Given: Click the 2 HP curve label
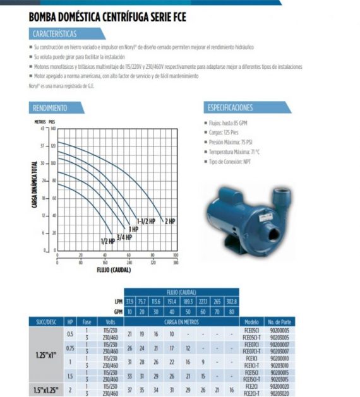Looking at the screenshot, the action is click(169, 222).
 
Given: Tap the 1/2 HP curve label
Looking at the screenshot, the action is click(107, 241).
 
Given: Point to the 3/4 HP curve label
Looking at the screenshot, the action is click(124, 237).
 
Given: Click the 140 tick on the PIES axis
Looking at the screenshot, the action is click(53, 128).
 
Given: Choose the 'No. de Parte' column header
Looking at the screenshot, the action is click(279, 321).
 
